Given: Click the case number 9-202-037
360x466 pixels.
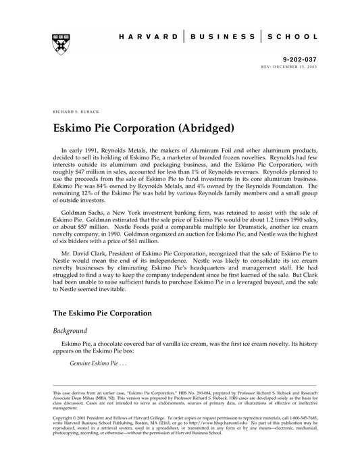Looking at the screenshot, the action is pos(292,59).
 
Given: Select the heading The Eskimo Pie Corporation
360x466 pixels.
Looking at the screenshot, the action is pos(103,314).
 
